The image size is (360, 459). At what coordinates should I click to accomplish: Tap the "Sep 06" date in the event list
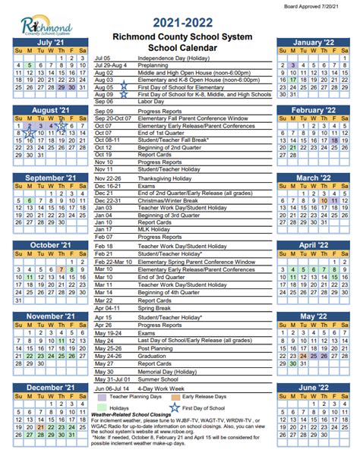click(x=105, y=102)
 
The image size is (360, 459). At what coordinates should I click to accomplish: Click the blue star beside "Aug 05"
click(x=123, y=87)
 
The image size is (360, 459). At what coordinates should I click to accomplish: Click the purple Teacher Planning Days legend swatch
click(x=101, y=396)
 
